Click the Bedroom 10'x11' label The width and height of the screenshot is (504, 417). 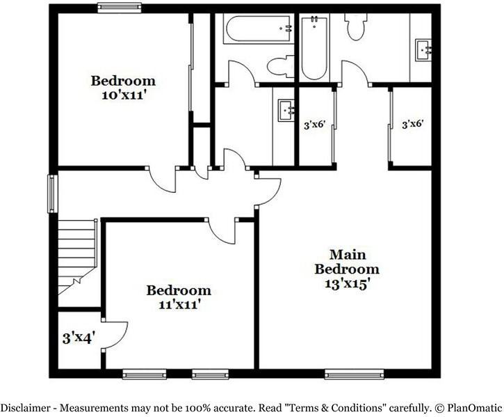(x=123, y=88)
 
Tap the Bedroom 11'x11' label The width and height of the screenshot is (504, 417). (x=179, y=297)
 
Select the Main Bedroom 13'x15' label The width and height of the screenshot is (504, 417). (x=347, y=269)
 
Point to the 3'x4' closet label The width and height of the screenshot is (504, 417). (x=79, y=339)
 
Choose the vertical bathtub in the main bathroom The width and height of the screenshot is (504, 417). (x=313, y=48)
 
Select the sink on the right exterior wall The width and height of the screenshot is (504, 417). (x=423, y=49)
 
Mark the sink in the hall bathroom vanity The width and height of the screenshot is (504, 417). (x=286, y=110)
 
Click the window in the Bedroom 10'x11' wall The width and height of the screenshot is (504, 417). (x=119, y=8)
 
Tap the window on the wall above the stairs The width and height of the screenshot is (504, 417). (x=51, y=194)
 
